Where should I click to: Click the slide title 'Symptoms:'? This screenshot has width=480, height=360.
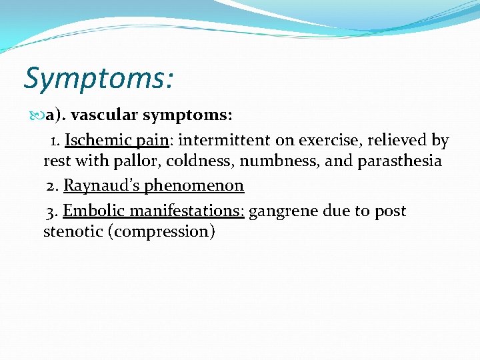pyautogui.click(x=99, y=78)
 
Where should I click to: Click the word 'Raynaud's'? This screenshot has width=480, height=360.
pyautogui.click(x=96, y=185)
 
